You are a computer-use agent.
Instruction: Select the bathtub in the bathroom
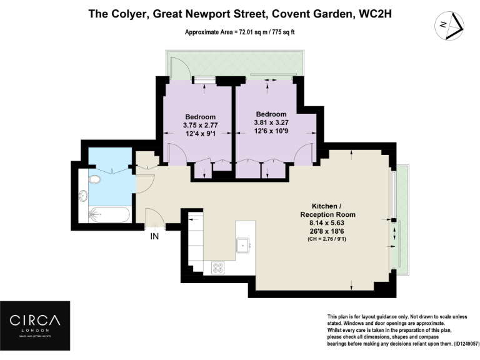click(x=109, y=214)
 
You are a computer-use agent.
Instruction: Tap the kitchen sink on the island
click(x=242, y=246)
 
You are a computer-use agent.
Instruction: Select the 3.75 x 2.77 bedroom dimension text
click(x=200, y=126)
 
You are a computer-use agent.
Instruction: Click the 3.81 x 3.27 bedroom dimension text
click(x=271, y=123)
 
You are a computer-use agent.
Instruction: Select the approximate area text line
click(x=240, y=32)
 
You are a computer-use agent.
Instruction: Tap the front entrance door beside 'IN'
click(x=155, y=219)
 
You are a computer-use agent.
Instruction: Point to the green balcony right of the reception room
click(x=401, y=219)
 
